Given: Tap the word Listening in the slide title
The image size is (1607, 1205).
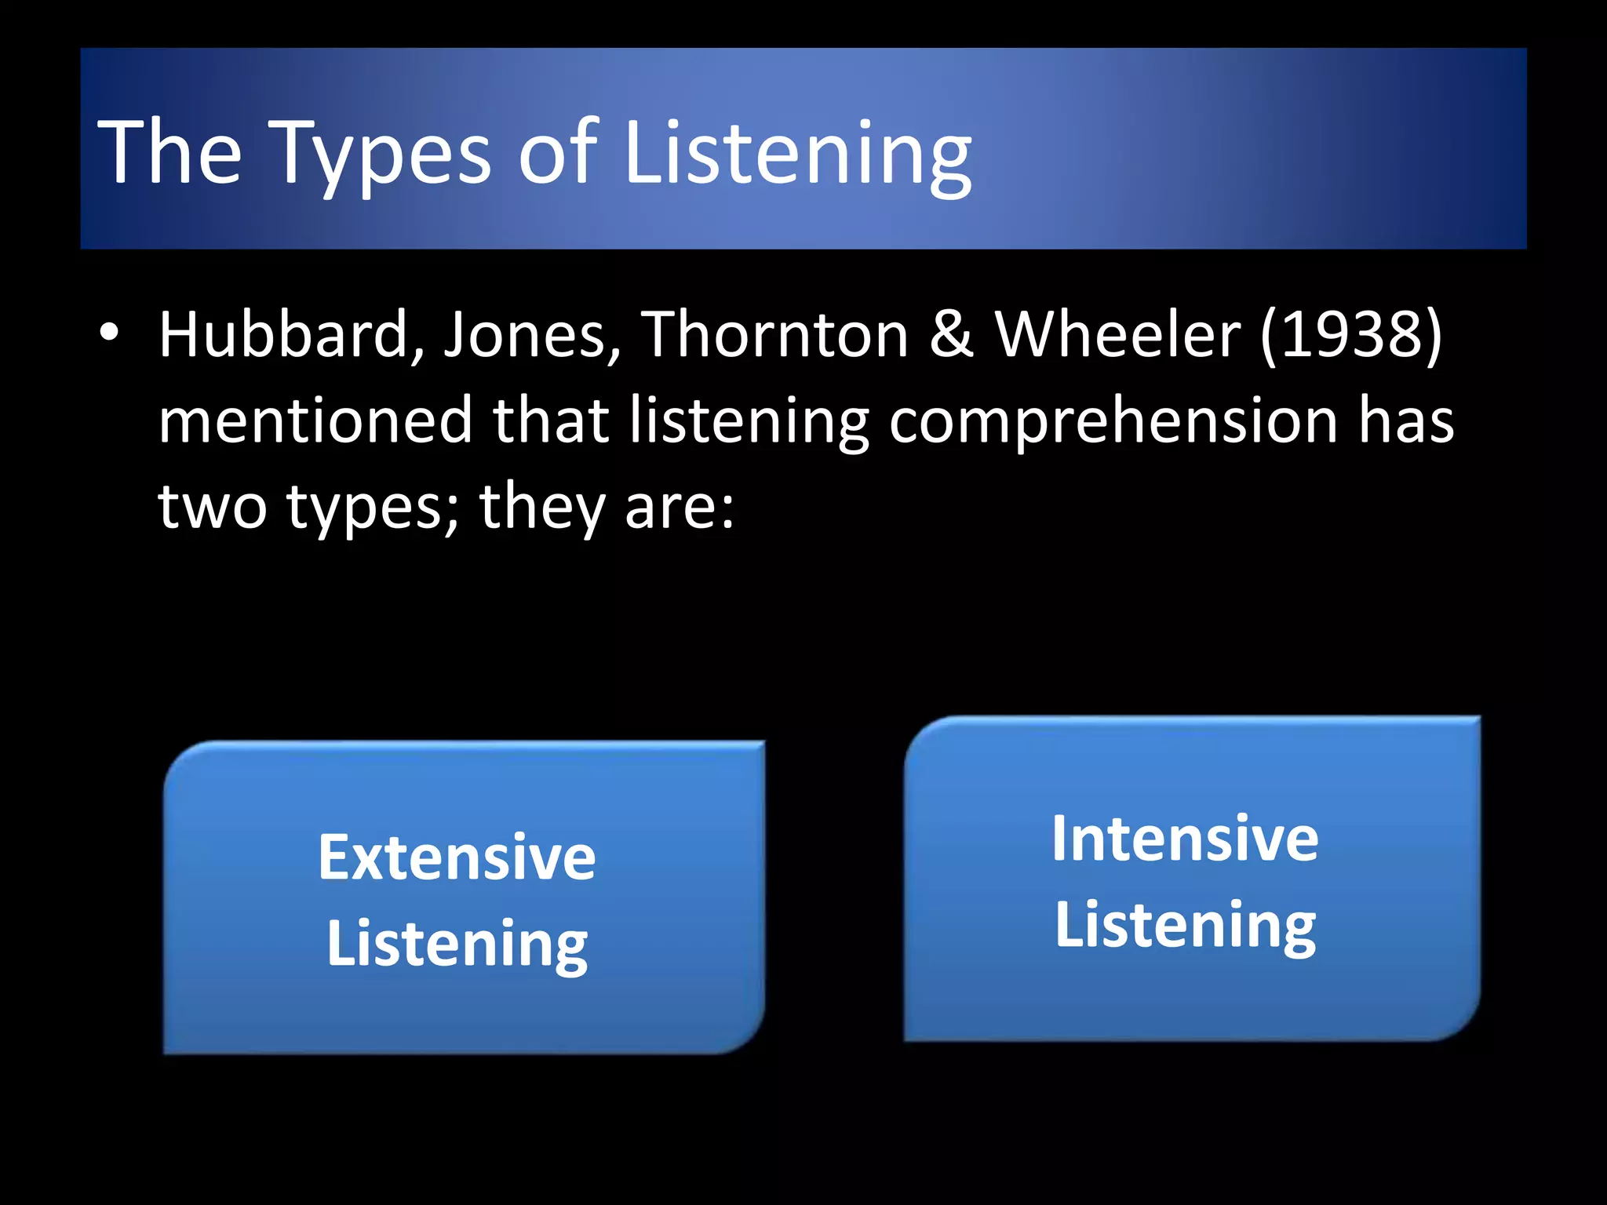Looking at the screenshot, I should coord(797,154).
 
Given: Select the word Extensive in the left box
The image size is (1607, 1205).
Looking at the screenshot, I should coord(457,857).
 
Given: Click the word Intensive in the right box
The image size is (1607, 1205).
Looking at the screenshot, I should coord(1185,839).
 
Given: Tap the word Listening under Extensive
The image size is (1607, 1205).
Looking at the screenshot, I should coord(457,945).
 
